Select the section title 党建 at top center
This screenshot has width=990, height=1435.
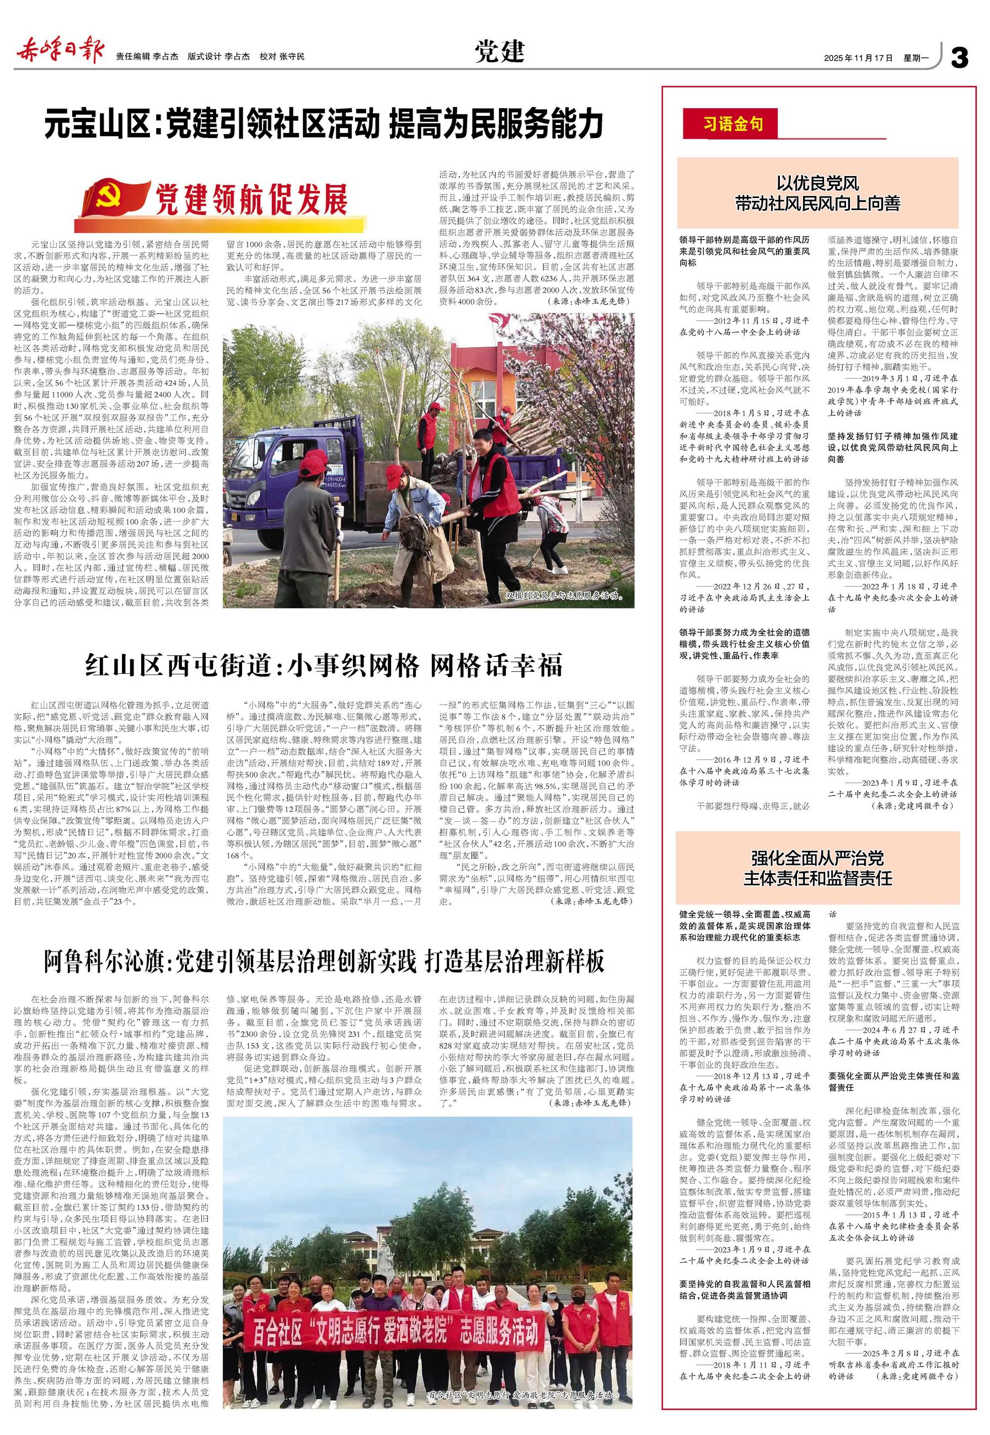500,53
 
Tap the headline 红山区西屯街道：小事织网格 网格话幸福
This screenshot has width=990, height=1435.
323,666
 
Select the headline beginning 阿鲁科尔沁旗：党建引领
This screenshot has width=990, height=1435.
323,961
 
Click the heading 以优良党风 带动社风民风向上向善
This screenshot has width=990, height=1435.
817,193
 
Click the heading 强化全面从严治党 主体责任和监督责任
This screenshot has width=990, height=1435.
817,868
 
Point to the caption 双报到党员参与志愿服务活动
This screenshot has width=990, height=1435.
563,597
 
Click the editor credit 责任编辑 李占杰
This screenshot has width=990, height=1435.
147,56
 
